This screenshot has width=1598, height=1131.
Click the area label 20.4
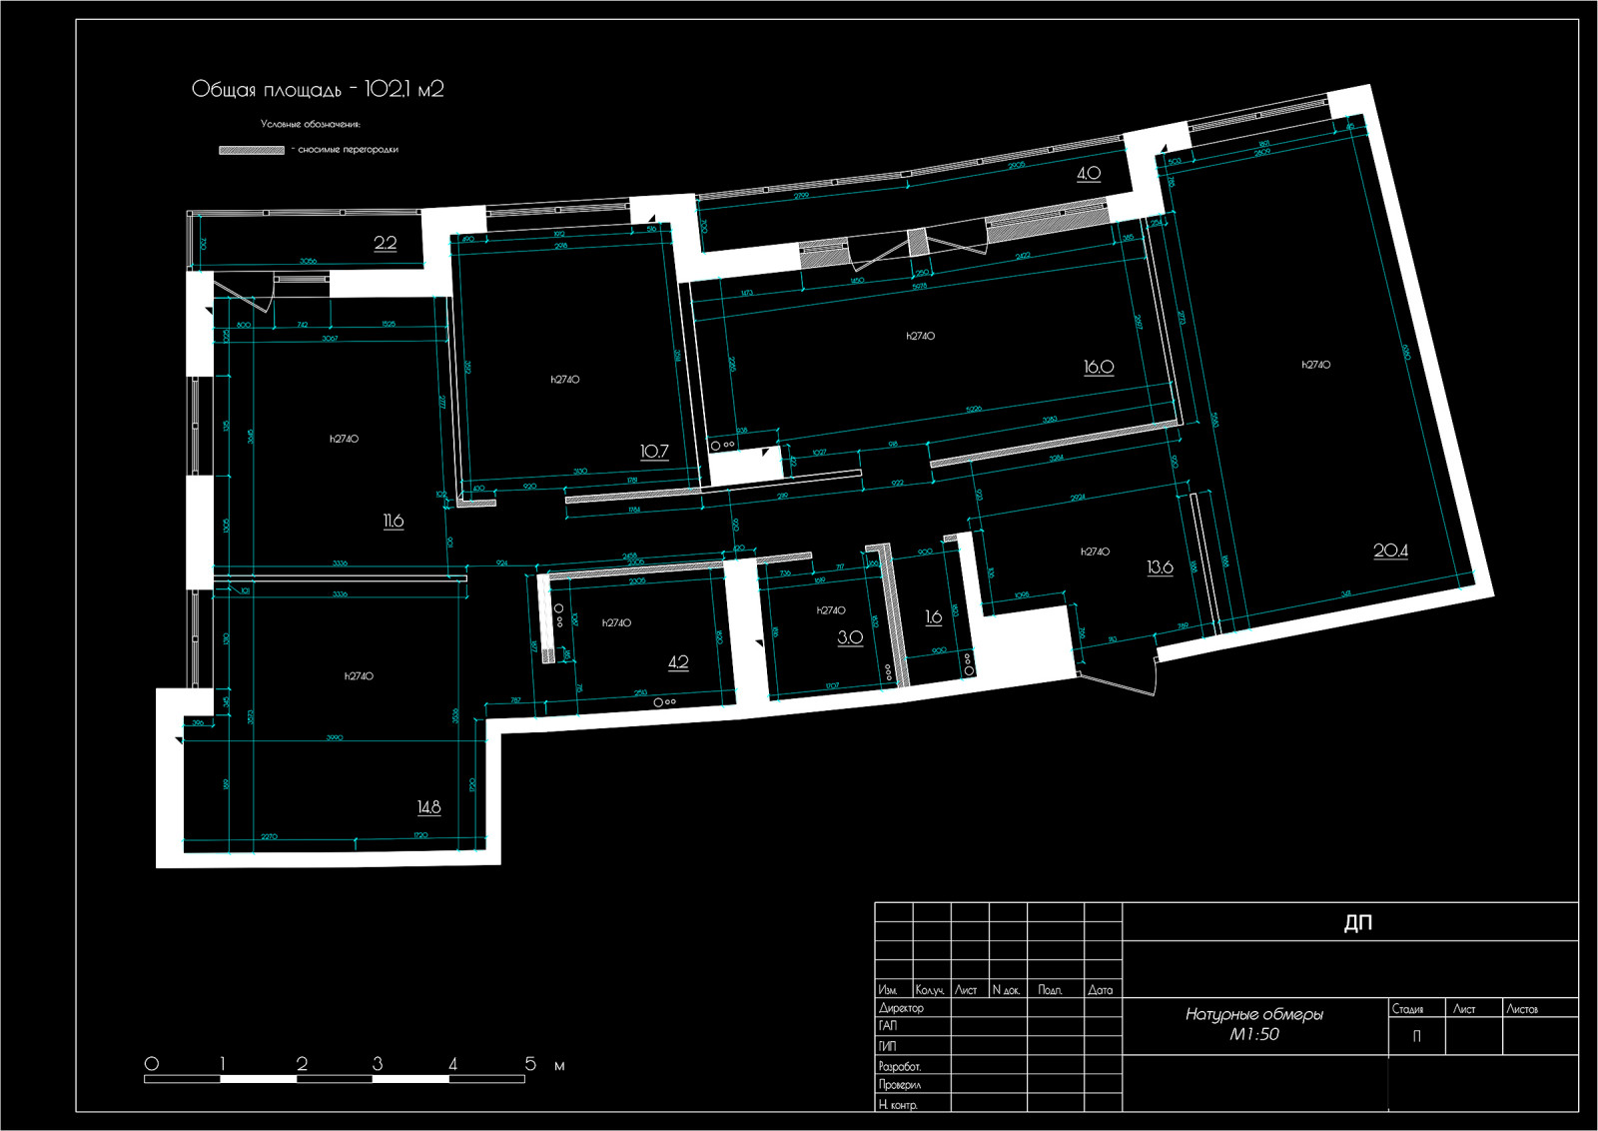pos(1390,551)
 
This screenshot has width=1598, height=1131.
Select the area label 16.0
pos(1099,367)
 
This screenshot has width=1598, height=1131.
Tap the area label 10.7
pos(654,452)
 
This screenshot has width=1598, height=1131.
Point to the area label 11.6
pos(394,521)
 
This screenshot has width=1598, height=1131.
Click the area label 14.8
pos(428,807)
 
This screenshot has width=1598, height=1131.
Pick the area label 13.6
pos(1160,567)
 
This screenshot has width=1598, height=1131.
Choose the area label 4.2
pos(678,662)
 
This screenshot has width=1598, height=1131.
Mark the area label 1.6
pos(934,617)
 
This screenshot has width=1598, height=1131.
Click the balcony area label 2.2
pos(386,243)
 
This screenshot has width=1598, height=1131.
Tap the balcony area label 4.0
pos(1089,173)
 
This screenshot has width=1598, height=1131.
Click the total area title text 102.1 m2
pos(318,89)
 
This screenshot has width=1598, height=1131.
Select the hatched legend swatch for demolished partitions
pos(252,150)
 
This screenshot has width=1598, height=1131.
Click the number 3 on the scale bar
pos(378,1064)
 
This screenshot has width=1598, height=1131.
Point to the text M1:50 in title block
pos(1253,1035)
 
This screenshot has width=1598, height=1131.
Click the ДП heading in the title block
pos(1357,922)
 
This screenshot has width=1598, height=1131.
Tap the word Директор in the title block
pos(901,1008)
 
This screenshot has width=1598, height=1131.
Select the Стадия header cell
pos(1408,1009)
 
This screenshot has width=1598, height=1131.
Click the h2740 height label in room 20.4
pos(1316,365)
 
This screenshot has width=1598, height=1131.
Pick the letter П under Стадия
pos(1415,1036)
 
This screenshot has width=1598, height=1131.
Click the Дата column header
pos(1101,990)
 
